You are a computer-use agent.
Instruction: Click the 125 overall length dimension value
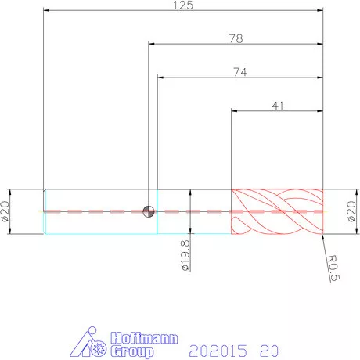click(183, 5)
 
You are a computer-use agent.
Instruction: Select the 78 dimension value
click(236, 38)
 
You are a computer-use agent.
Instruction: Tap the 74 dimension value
click(240, 72)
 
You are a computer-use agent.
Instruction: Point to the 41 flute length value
click(278, 106)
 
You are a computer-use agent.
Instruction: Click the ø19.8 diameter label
click(185, 255)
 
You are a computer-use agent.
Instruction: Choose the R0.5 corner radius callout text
click(333, 268)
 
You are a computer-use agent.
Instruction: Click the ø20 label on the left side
click(5, 211)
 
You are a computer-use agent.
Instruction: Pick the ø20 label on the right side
click(351, 211)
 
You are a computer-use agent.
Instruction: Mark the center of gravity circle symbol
click(149, 211)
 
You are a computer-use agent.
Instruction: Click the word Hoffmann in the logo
click(144, 338)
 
